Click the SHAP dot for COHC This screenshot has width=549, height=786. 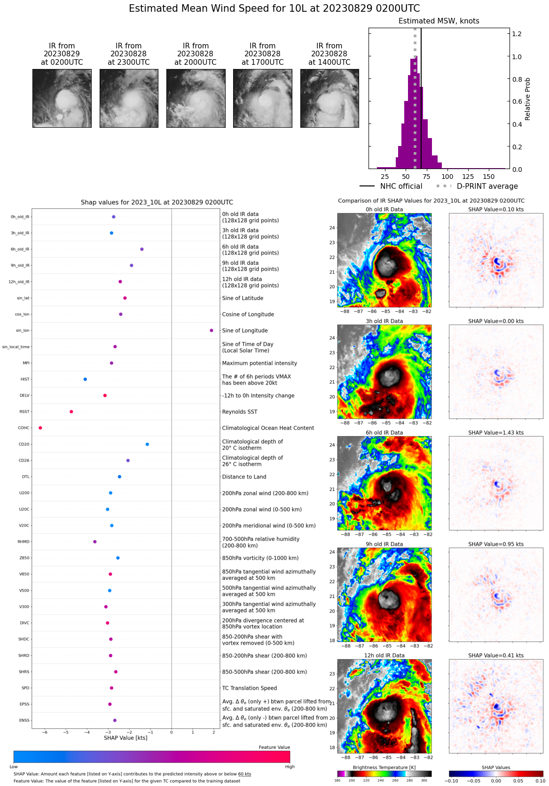pyautogui.click(x=40, y=428)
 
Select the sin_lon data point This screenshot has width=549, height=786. pyautogui.click(x=212, y=331)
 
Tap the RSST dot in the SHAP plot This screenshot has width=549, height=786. pyautogui.click(x=71, y=412)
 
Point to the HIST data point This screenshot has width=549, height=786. pyautogui.click(x=85, y=379)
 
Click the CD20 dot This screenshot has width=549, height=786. pyautogui.click(x=148, y=444)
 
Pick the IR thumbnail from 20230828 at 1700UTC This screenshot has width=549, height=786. pyautogui.click(x=262, y=98)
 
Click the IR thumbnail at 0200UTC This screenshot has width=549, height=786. pyautogui.click(x=62, y=98)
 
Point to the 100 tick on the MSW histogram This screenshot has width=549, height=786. pyautogui.click(x=447, y=177)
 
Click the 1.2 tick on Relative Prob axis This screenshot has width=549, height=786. pyautogui.click(x=517, y=34)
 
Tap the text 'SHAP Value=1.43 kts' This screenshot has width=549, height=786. pyautogui.click(x=496, y=433)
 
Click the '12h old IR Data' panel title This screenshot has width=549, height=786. pyautogui.click(x=384, y=655)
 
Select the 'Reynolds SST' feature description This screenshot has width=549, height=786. pyautogui.click(x=240, y=412)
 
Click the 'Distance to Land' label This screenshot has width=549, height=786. pyautogui.click(x=244, y=477)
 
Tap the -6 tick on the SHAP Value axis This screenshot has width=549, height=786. pyautogui.click(x=45, y=732)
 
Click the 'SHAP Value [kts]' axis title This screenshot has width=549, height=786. pyautogui.click(x=125, y=738)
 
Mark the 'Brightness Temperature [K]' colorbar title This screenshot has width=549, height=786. pyautogui.click(x=384, y=768)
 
